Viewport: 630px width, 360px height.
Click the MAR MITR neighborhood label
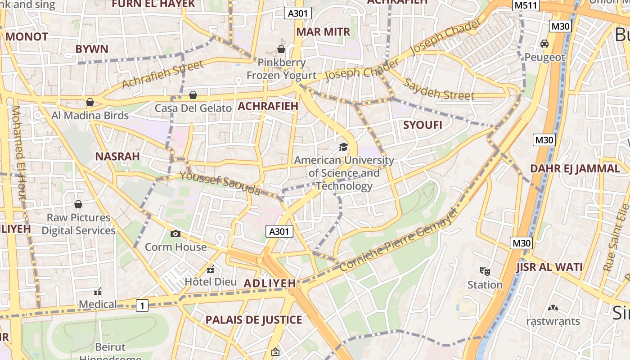click(323, 32)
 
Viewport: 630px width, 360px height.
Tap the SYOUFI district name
click(423, 125)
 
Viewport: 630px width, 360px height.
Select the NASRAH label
click(117, 157)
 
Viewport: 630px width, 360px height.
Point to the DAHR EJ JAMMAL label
click(575, 169)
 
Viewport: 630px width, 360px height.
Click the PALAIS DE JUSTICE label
click(254, 320)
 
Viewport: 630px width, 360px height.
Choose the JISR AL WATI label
click(549, 267)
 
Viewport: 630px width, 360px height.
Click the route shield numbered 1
click(142, 306)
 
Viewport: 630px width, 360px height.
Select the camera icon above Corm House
click(175, 234)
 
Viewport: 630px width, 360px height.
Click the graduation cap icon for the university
click(344, 147)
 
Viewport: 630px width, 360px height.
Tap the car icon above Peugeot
click(544, 44)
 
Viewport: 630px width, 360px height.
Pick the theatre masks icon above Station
click(485, 271)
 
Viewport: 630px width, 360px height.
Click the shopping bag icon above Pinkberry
click(281, 49)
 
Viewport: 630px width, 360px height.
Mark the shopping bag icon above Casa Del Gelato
click(193, 95)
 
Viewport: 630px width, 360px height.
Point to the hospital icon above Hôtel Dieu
click(210, 269)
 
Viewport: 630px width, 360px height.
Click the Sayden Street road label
click(438, 89)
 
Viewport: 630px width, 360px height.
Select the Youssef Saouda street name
click(220, 184)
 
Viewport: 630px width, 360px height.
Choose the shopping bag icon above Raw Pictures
click(78, 204)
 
